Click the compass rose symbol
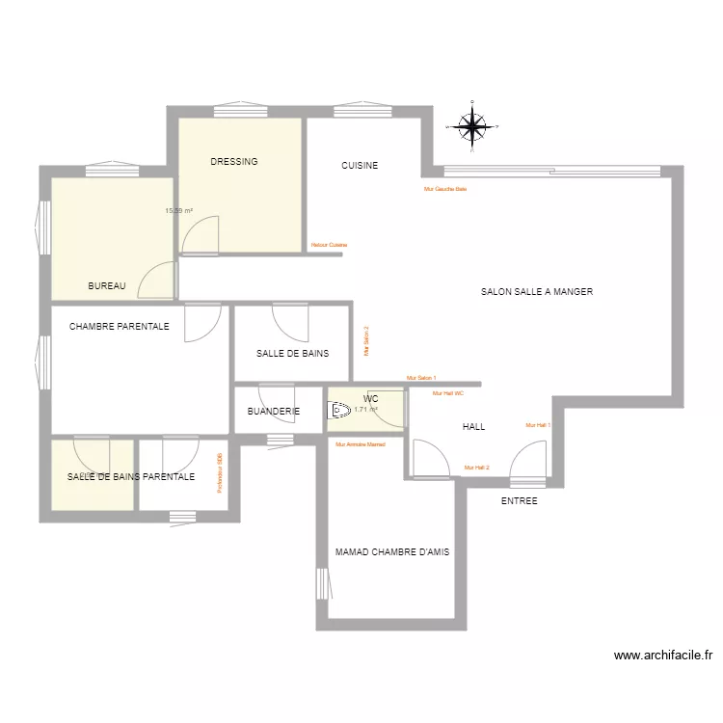(x=471, y=125)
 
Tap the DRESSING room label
(x=234, y=162)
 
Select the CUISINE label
(x=360, y=166)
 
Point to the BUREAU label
(x=107, y=286)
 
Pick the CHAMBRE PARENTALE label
(x=120, y=327)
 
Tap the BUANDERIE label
(x=274, y=412)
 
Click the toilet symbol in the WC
(x=339, y=411)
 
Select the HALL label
(x=473, y=426)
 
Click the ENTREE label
(x=520, y=501)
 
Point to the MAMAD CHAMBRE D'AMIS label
(x=392, y=552)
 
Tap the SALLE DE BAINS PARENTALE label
(x=131, y=476)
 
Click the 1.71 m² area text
(x=365, y=409)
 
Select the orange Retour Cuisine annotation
(x=329, y=245)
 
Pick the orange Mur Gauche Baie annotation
(x=445, y=189)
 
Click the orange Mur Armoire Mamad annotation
(x=360, y=444)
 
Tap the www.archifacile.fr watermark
(x=664, y=656)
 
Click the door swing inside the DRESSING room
(x=203, y=236)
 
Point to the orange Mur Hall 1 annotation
(x=537, y=425)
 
